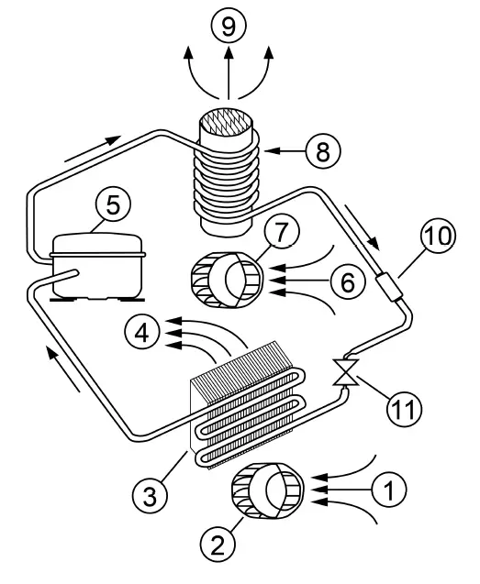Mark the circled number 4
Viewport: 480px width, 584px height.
143,331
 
